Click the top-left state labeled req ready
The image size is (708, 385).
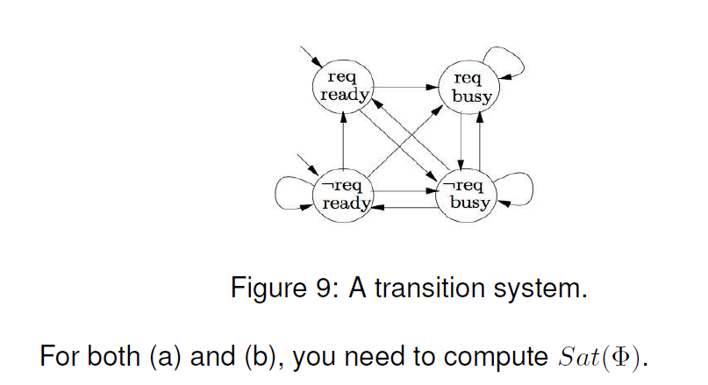coord(343,86)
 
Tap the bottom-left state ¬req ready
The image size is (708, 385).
coord(343,195)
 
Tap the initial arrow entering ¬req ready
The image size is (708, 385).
coord(307,164)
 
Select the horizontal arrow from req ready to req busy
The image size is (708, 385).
coord(406,87)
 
